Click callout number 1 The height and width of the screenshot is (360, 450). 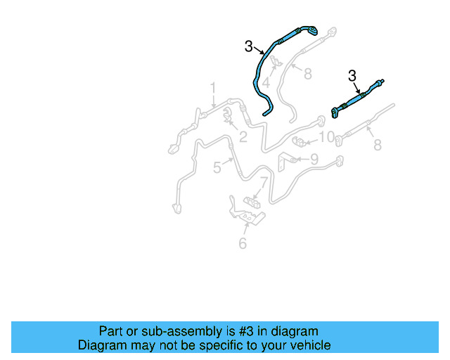[212, 88]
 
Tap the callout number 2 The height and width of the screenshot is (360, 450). [243, 137]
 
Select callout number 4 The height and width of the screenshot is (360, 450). [266, 82]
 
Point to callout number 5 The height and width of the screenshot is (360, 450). [217, 167]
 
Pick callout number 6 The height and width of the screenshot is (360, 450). [243, 243]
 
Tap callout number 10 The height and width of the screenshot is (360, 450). [326, 136]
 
